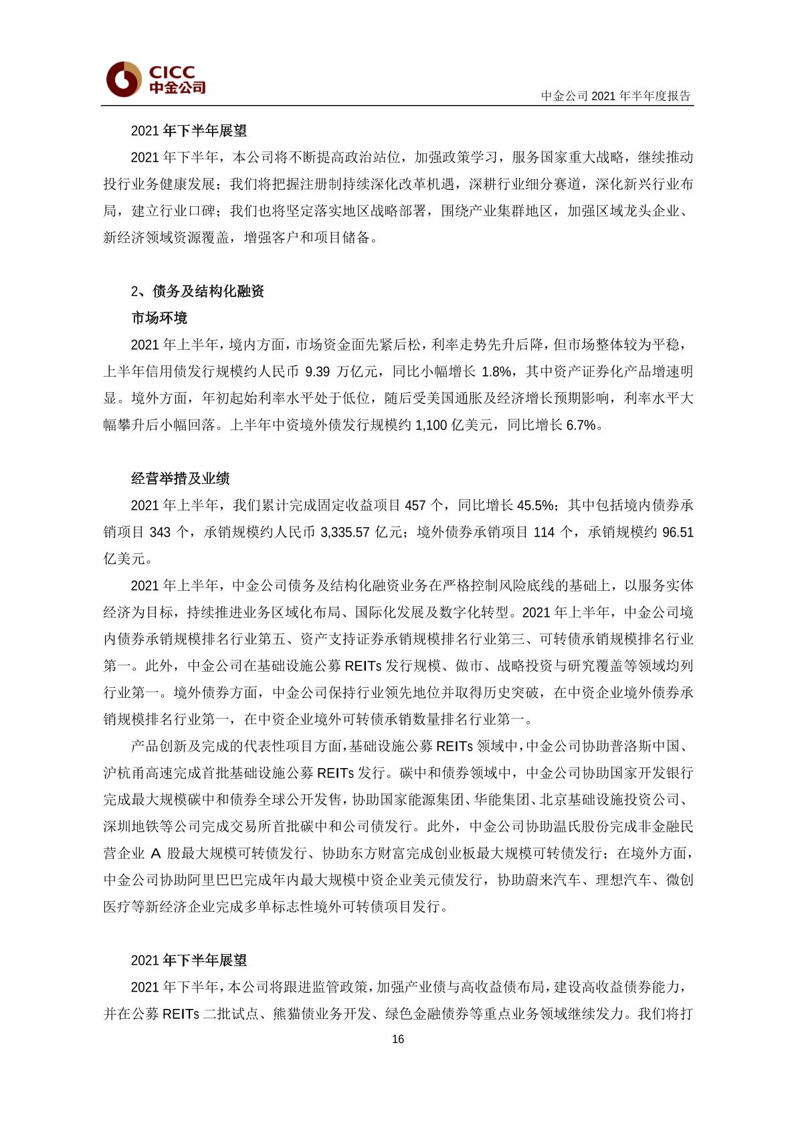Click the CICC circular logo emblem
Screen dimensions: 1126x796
[x=124, y=78]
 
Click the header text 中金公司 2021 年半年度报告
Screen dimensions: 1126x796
[x=615, y=96]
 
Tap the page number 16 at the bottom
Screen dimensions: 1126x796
[x=398, y=1039]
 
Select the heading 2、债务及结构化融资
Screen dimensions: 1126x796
[x=197, y=291]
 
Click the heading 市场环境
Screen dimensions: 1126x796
[x=159, y=318]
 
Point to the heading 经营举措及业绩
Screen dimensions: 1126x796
[x=180, y=478]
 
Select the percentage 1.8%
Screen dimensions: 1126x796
[x=496, y=372]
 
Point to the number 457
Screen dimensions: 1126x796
[x=415, y=506]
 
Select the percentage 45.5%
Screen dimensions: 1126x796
[x=534, y=506]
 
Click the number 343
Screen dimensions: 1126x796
[x=161, y=533]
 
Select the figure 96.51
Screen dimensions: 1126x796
[x=678, y=533]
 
